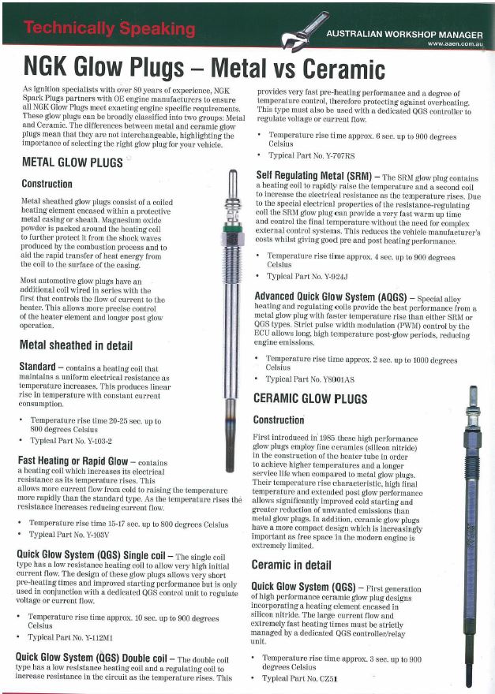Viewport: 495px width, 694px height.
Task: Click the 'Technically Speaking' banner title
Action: click(x=110, y=29)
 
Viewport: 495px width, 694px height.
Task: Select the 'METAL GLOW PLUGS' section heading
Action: click(x=72, y=162)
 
